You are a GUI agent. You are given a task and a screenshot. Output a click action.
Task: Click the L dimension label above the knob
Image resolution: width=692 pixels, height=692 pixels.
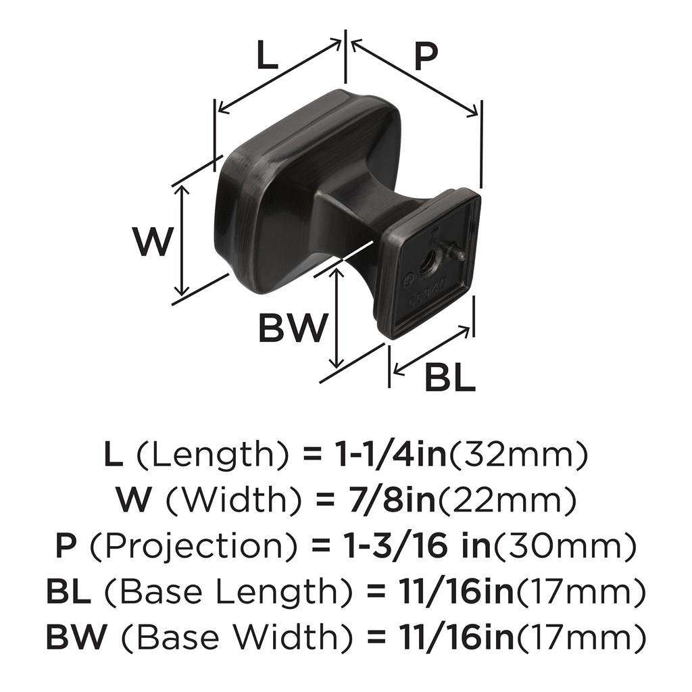coord(268,57)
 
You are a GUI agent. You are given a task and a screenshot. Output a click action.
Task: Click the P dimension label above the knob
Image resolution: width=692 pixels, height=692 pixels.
coord(425,57)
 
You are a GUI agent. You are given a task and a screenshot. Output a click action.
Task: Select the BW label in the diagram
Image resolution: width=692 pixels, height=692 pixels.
coord(293,329)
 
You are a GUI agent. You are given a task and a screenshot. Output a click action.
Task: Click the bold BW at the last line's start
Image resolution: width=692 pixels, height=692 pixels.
coord(74,637)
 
